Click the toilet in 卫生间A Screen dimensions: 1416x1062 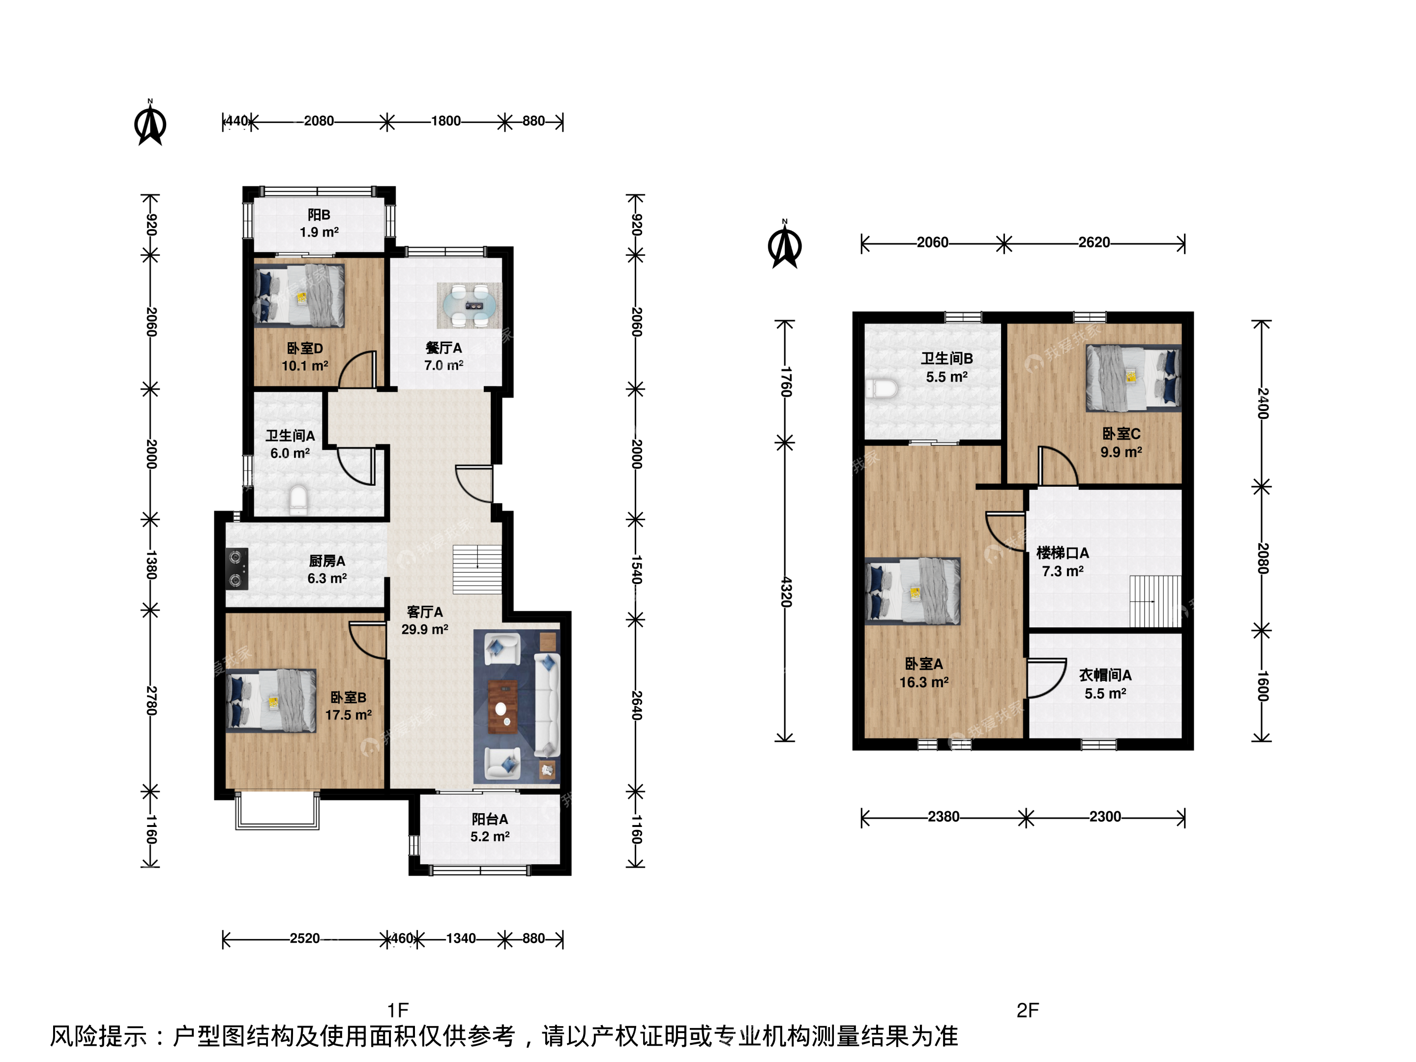[298, 500]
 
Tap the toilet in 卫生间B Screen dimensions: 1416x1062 [882, 388]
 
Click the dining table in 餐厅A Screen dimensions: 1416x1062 [469, 305]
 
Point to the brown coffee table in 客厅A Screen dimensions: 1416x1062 [503, 707]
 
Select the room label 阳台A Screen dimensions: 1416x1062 [490, 819]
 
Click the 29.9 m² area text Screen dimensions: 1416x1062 [424, 629]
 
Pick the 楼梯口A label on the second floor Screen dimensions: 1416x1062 [1062, 553]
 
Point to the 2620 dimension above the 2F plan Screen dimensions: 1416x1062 [1094, 242]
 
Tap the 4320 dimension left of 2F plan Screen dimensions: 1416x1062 [786, 592]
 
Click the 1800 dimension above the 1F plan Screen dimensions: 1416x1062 [445, 121]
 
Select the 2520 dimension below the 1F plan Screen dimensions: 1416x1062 [305, 939]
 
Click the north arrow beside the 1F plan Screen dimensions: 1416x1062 [150, 122]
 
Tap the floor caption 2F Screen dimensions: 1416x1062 [1028, 1010]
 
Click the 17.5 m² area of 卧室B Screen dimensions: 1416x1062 [348, 714]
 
